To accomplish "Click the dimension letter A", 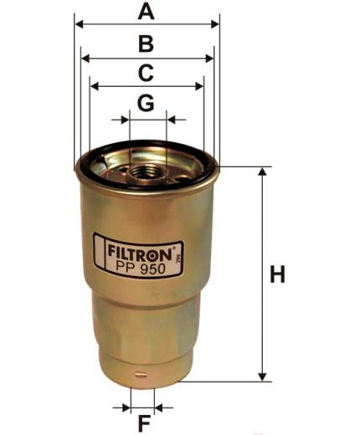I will (147, 12).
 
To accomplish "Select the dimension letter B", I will (146, 44).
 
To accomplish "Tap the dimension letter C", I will (146, 73).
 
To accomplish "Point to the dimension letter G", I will (146, 103).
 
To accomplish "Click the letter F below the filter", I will (144, 422).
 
